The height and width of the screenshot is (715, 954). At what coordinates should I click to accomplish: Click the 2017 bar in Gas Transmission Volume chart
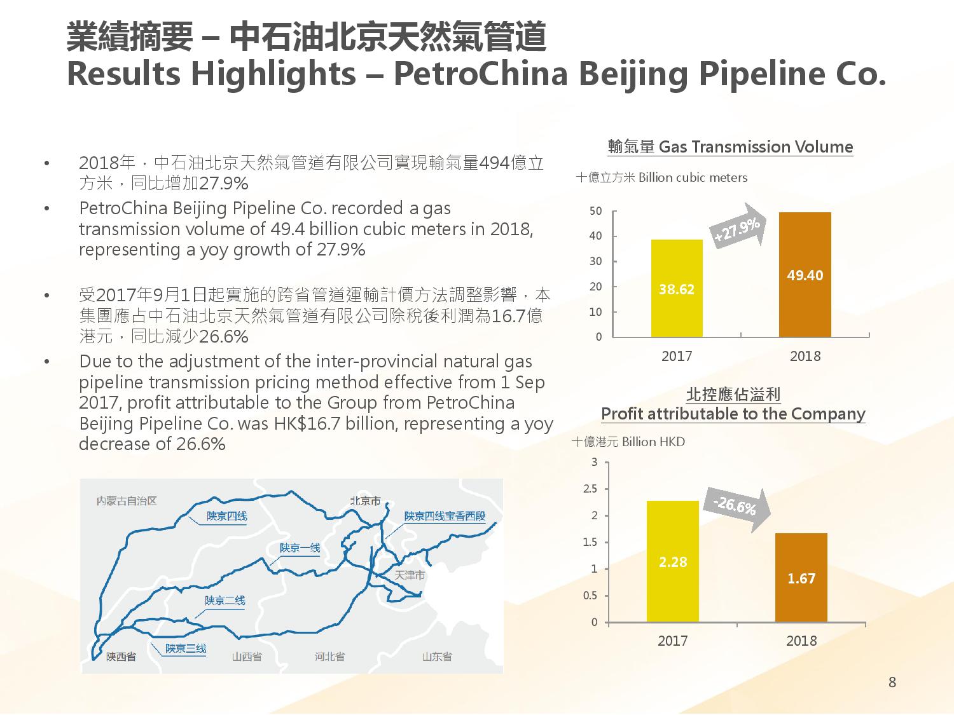click(x=677, y=289)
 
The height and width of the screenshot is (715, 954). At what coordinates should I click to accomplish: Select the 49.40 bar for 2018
click(x=805, y=275)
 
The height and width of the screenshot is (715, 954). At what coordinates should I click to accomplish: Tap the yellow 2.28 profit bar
click(x=672, y=561)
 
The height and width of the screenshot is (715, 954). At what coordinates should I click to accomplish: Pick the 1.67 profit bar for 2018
click(x=801, y=578)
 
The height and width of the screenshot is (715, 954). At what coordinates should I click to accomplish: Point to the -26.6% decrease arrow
click(x=738, y=508)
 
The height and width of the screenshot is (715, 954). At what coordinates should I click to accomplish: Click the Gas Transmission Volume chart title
click(x=730, y=147)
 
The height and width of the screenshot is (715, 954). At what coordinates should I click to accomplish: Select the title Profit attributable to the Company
click(x=733, y=414)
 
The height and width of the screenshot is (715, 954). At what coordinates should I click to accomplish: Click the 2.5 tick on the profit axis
click(x=590, y=489)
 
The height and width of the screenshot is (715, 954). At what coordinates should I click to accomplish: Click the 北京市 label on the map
click(x=366, y=501)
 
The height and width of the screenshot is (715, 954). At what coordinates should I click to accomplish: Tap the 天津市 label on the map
click(x=410, y=575)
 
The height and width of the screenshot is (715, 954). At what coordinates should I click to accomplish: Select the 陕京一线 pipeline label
click(x=300, y=547)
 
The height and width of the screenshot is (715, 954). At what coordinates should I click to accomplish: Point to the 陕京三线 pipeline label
click(x=186, y=648)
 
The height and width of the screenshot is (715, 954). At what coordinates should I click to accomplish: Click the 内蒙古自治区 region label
click(x=127, y=501)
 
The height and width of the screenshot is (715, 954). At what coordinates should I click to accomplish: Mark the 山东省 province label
click(x=437, y=657)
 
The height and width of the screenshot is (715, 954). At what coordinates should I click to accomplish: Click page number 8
click(x=892, y=683)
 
